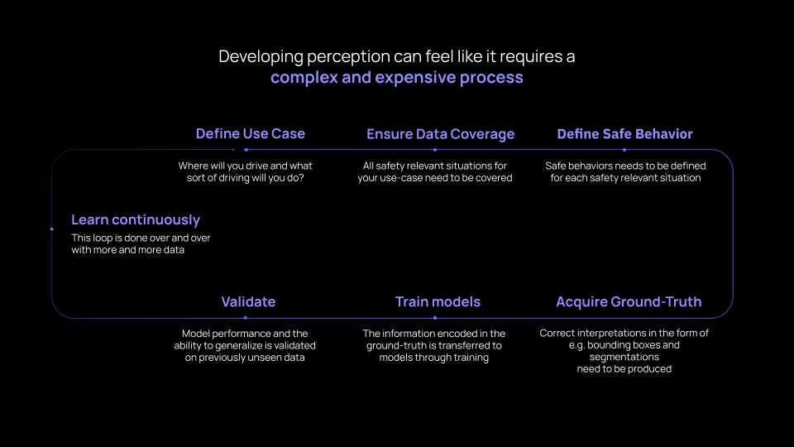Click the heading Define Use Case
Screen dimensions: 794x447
pyautogui.click(x=251, y=134)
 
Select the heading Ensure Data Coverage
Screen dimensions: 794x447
pyautogui.click(x=441, y=134)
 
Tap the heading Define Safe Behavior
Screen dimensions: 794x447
pyautogui.click(x=625, y=134)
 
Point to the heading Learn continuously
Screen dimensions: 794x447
pyautogui.click(x=136, y=220)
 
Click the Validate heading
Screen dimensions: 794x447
pyautogui.click(x=248, y=301)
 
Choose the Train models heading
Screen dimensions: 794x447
pyautogui.click(x=438, y=301)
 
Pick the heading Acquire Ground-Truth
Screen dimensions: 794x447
pyautogui.click(x=629, y=302)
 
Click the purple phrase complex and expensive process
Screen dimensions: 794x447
pyautogui.click(x=397, y=78)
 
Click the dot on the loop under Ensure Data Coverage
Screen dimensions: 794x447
pyautogui.click(x=435, y=150)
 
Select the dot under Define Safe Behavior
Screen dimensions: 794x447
pyautogui.click(x=624, y=150)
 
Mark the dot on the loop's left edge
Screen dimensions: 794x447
pyautogui.click(x=51, y=229)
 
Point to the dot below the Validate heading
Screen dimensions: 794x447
pyautogui.click(x=246, y=318)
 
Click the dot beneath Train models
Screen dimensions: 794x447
pyautogui.click(x=435, y=318)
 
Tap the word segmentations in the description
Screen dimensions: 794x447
pyautogui.click(x=624, y=358)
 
